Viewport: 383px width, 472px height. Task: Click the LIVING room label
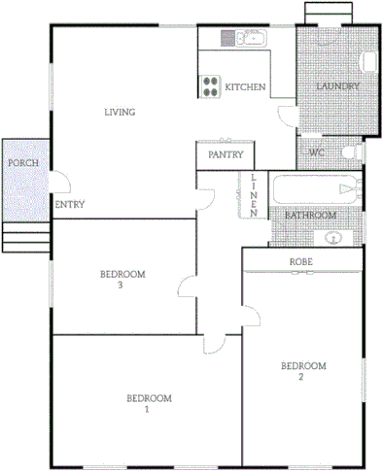120,113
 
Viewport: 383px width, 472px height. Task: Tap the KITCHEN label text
245,88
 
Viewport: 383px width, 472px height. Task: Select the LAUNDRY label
338,87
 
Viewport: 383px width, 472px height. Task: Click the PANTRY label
225,154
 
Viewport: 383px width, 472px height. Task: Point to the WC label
317,153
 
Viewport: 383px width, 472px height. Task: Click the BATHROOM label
310,215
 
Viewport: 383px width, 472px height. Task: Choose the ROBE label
300,262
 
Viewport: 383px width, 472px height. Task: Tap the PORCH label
22,163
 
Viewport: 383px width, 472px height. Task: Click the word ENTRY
69,205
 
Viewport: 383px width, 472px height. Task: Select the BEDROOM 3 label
122,280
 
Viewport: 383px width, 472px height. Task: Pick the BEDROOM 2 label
302,371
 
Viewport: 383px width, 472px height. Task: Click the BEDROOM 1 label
149,403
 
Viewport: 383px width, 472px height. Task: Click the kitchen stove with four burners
209,86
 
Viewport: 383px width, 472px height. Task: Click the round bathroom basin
334,236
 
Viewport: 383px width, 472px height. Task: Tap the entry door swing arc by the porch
59,181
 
